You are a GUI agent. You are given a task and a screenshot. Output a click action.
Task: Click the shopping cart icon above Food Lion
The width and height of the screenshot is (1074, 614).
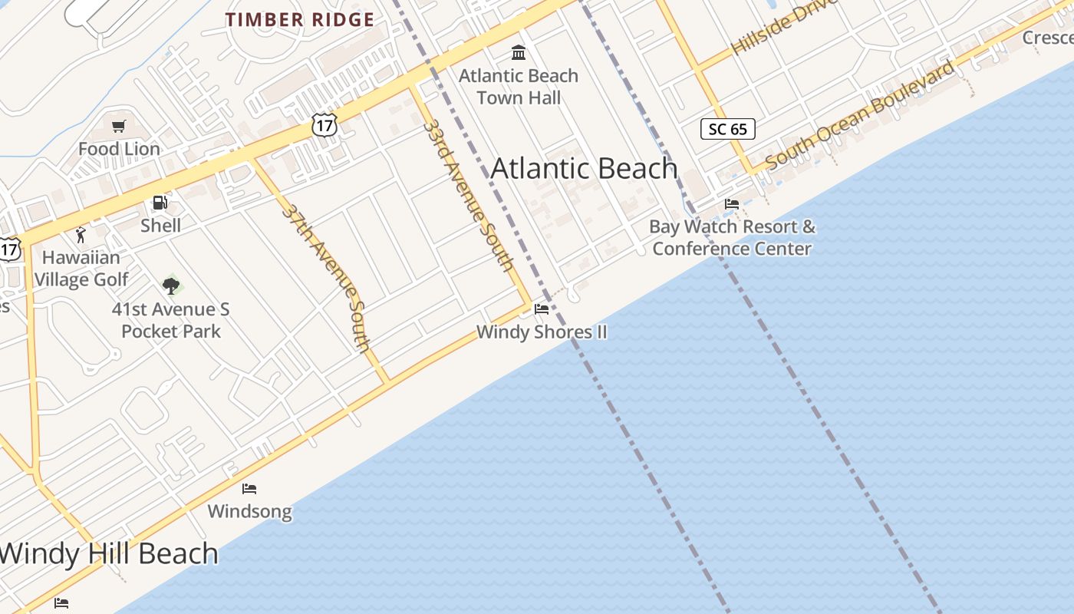coord(118,127)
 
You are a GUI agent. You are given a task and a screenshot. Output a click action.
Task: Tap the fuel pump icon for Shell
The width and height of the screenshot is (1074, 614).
coord(160,203)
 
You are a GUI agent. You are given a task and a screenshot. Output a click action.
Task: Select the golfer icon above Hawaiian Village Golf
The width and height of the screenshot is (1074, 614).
coord(81,235)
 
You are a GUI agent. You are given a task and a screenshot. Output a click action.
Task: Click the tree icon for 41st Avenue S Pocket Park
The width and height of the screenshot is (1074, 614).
coord(171,286)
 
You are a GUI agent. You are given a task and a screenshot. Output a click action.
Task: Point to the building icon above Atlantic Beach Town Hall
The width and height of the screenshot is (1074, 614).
coord(519,53)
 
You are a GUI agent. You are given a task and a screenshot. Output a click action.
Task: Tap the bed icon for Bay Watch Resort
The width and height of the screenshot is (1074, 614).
coord(732,204)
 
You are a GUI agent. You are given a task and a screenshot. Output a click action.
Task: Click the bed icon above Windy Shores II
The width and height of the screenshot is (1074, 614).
coord(542,309)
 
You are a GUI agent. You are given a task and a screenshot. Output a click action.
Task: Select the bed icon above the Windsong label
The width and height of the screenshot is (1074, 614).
coord(249,489)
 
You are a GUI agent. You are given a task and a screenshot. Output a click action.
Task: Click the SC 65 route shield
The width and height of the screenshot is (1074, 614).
coord(727,129)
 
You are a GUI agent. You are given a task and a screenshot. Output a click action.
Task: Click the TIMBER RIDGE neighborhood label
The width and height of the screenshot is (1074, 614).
coord(300,20)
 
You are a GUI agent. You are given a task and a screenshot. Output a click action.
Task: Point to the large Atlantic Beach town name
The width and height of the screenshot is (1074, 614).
coord(584,169)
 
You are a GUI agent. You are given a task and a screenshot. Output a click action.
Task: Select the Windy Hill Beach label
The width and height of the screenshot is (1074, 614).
coord(109,553)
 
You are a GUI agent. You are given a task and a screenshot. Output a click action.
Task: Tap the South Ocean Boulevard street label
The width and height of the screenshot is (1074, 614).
coord(861,114)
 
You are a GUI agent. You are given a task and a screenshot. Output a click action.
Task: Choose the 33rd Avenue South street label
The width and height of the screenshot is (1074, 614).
coord(468,195)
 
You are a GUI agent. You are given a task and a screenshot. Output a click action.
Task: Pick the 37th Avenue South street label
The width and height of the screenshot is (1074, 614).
coord(326,277)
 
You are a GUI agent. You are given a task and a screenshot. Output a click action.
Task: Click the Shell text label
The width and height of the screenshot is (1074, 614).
coord(160,226)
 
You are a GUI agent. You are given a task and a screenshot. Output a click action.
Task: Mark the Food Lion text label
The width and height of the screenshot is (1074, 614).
coord(119,149)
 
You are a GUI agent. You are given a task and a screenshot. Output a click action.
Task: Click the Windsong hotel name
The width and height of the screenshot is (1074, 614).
coord(249,511)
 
